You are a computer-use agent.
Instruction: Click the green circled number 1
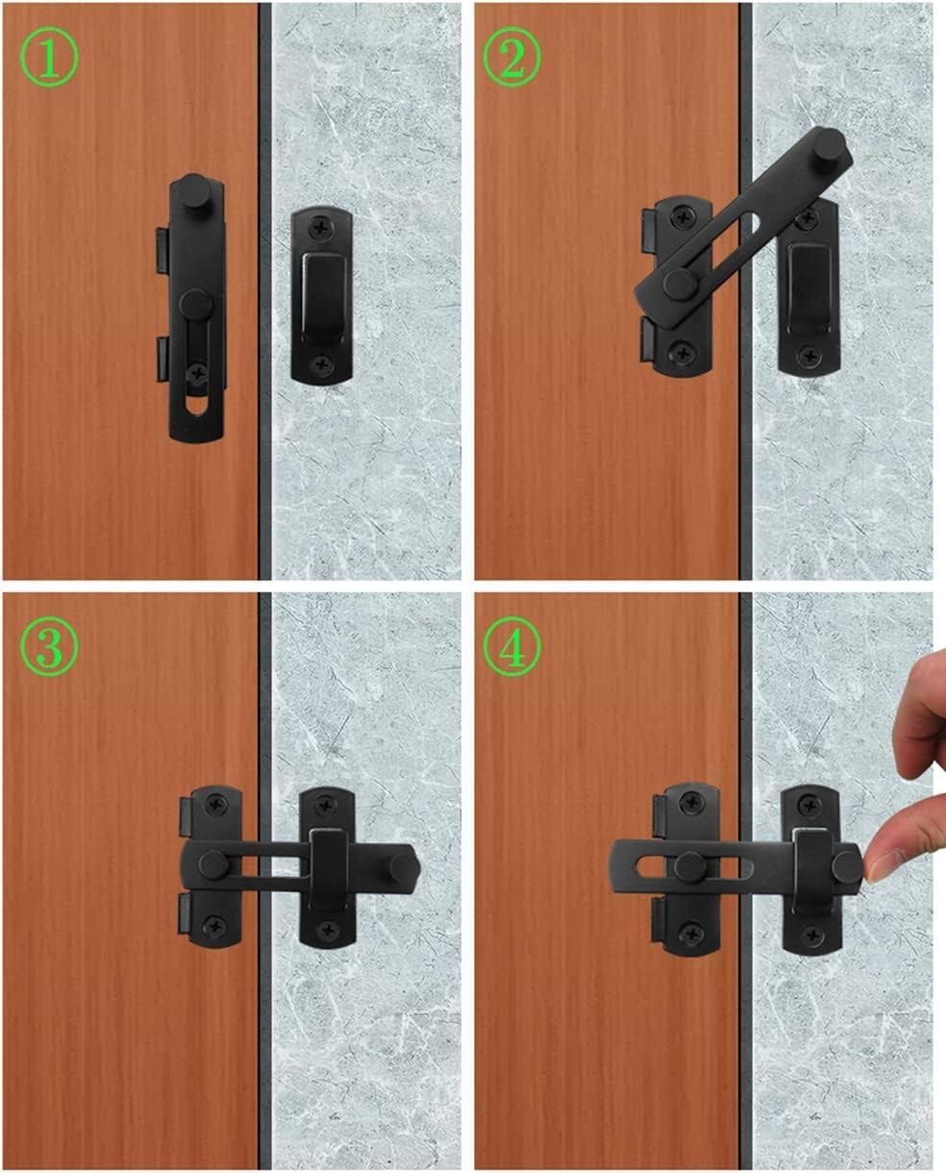click(49, 58)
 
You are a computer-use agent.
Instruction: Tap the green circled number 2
click(512, 58)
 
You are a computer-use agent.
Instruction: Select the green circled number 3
click(49, 646)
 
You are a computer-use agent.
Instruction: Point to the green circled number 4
click(512, 646)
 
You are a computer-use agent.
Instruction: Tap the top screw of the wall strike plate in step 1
click(321, 229)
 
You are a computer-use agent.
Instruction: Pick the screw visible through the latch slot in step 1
click(197, 374)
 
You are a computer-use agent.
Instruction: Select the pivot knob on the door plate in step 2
click(681, 284)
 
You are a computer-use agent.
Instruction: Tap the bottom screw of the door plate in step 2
click(682, 353)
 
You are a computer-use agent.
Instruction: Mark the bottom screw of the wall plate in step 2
click(809, 357)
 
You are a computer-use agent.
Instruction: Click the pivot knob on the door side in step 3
click(213, 864)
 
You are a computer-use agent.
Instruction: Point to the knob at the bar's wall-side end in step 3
click(404, 865)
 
